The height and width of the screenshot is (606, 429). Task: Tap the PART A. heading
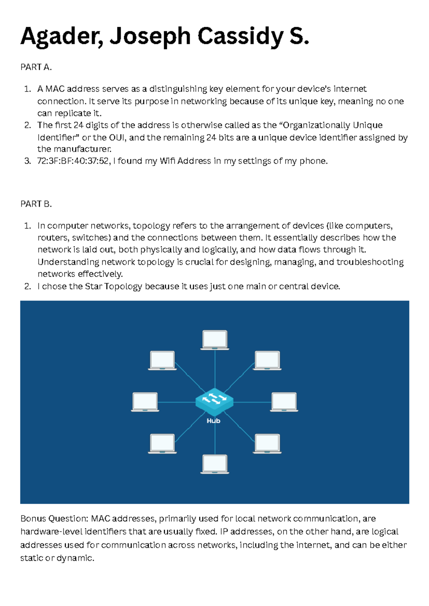point(36,67)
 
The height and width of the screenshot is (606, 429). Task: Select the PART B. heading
point(36,204)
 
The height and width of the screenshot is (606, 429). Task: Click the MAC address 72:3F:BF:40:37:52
point(73,161)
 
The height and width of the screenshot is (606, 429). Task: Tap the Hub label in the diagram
point(213,421)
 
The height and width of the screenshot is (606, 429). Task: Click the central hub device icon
point(214,401)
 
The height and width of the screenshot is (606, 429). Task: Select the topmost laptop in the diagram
point(214,339)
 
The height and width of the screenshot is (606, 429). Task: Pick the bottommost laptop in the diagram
point(214,464)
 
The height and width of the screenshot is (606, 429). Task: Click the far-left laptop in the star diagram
point(145,402)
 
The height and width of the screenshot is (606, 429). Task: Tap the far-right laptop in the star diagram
point(284,402)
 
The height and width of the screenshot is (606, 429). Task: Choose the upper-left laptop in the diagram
point(162,360)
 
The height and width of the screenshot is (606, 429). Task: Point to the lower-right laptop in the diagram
point(267,443)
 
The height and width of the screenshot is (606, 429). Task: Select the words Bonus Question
point(54,518)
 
